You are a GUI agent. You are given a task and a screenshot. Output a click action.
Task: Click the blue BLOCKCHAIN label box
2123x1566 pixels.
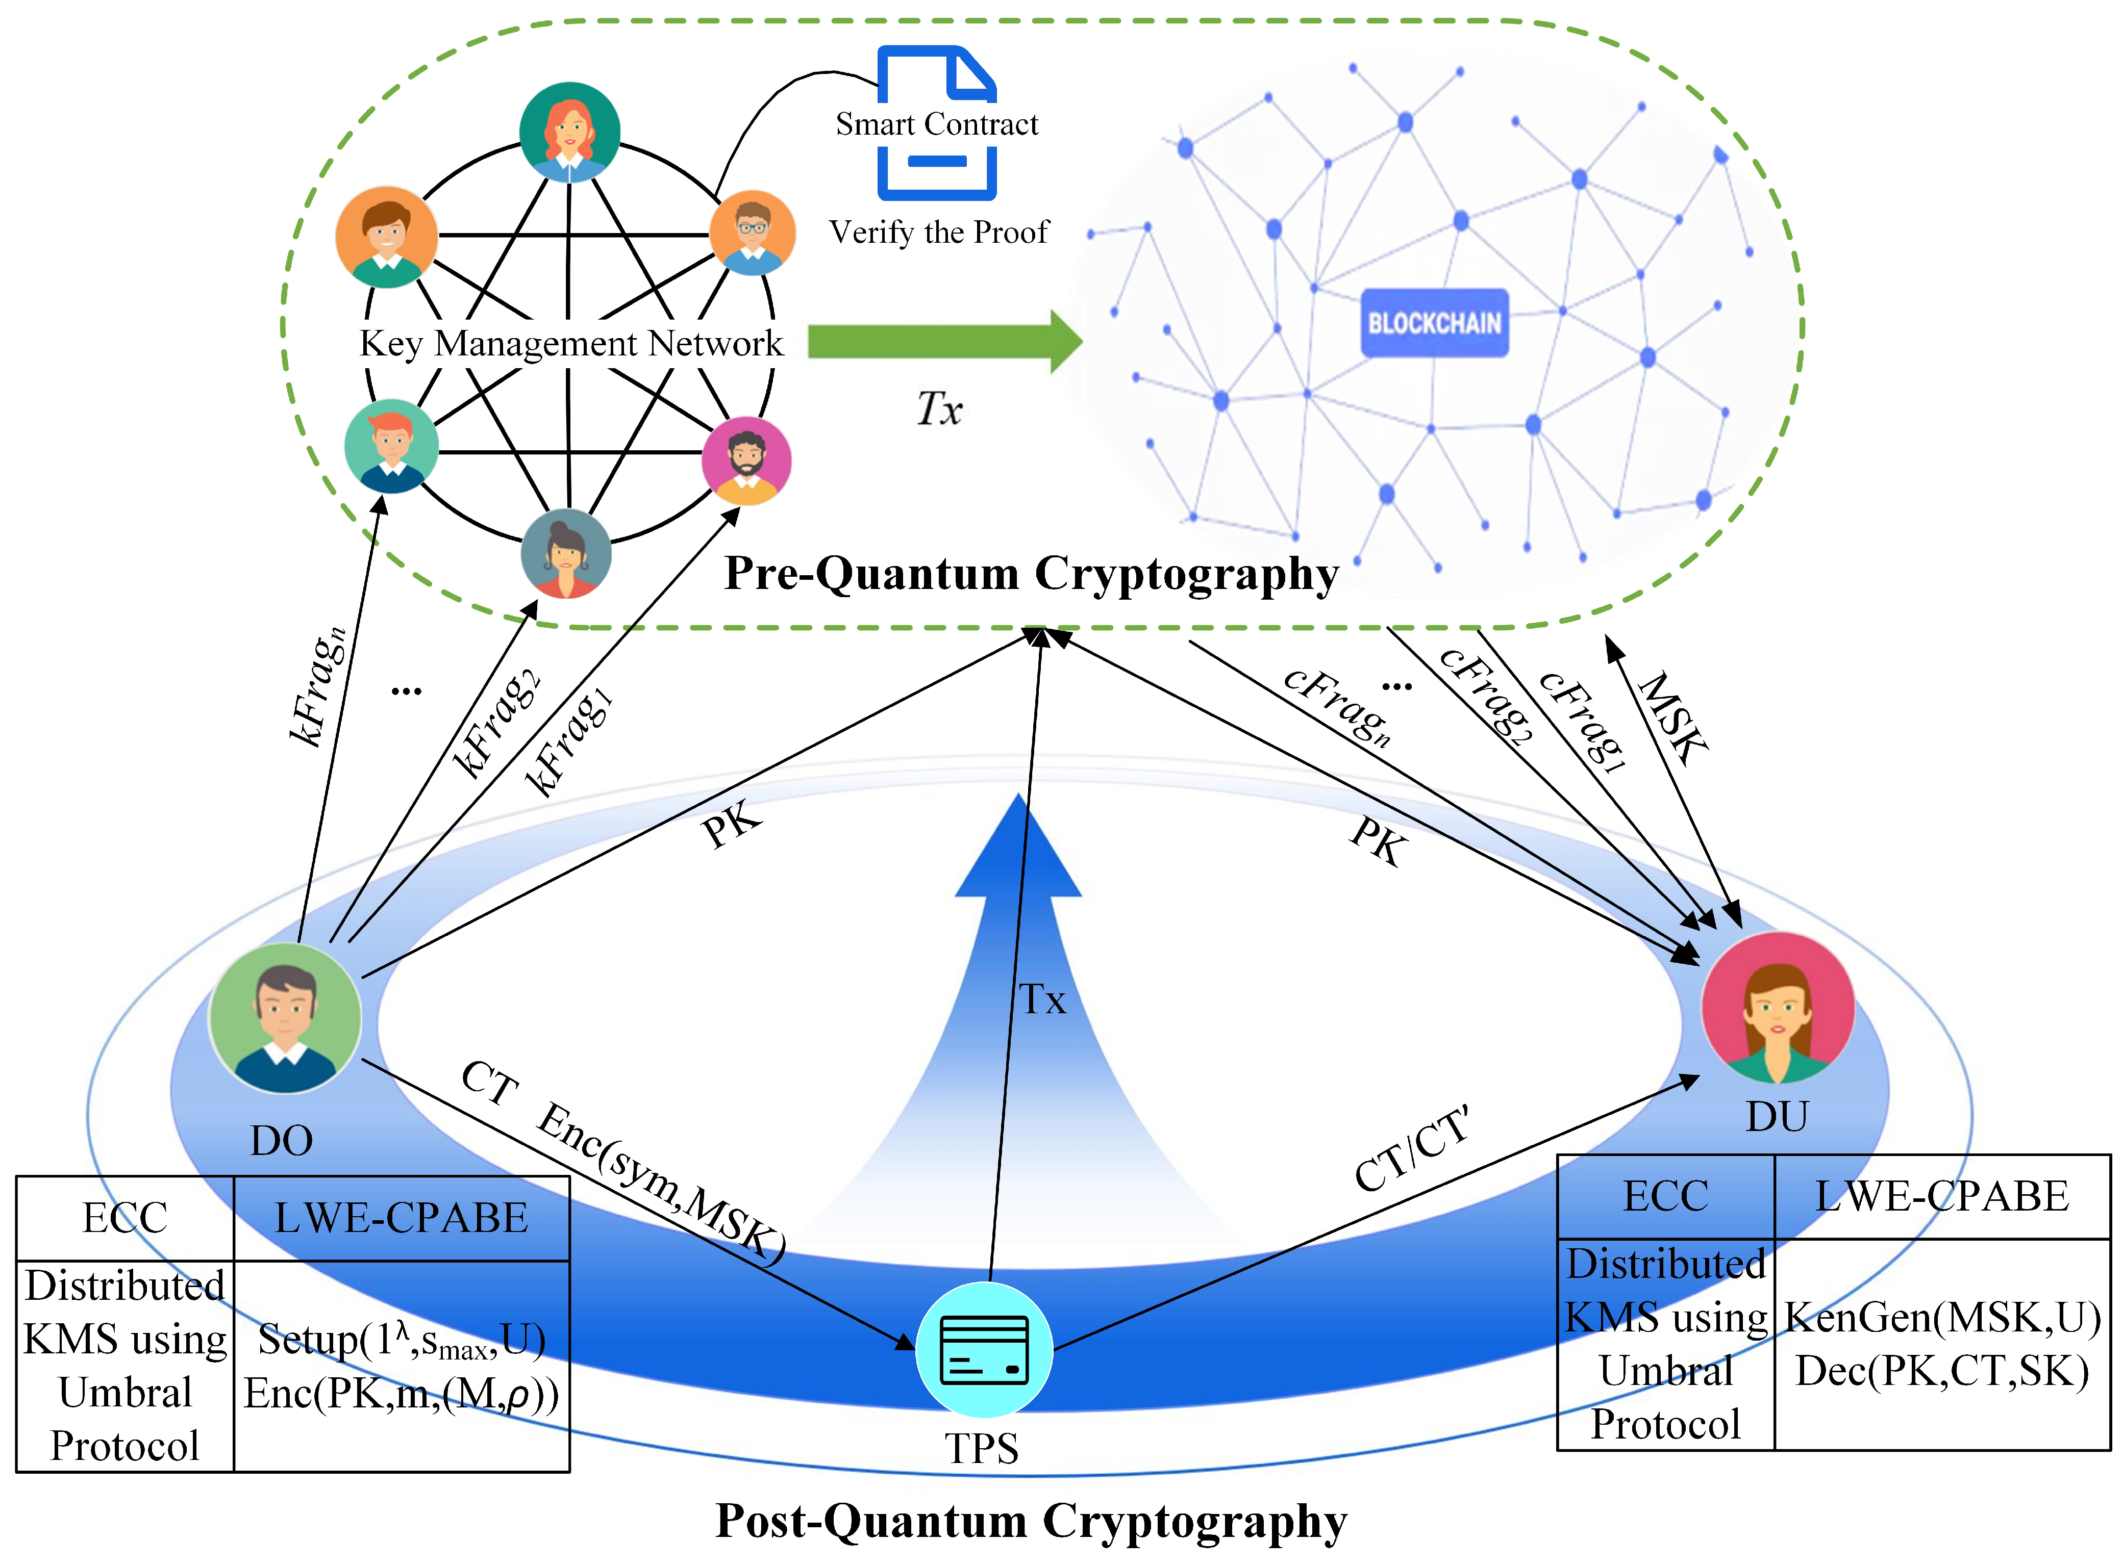[1434, 323]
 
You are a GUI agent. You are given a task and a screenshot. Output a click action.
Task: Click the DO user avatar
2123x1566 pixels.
[285, 1019]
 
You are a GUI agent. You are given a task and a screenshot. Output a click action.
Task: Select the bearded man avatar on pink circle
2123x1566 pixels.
[746, 460]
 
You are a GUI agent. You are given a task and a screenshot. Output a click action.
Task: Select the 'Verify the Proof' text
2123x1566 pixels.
[939, 232]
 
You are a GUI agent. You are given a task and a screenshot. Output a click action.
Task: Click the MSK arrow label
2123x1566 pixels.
[1674, 717]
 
